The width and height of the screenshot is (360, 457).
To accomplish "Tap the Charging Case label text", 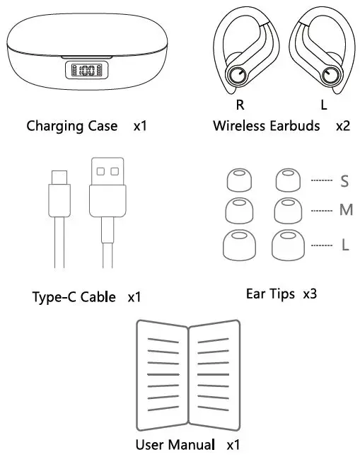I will tap(71, 126).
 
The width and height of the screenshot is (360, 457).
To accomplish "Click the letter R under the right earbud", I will tap(240, 105).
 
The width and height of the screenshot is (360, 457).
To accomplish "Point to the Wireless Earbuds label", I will tap(266, 126).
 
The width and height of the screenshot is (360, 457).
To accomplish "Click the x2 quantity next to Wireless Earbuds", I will tap(342, 126).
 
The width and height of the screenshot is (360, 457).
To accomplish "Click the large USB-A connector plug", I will tap(108, 187).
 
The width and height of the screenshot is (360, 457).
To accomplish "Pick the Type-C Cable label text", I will tap(74, 296).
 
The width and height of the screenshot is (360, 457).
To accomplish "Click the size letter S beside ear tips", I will tap(344, 181).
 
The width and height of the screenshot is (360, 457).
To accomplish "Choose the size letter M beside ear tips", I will tap(345, 210).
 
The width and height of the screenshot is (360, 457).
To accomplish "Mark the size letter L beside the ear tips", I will tap(344, 245).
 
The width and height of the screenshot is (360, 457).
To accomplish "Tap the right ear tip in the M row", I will tap(287, 209).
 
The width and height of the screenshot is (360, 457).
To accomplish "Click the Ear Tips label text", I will tap(271, 292).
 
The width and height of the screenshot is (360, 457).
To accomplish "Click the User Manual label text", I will tap(175, 445).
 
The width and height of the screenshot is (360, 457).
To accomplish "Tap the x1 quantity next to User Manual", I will tap(233, 445).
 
